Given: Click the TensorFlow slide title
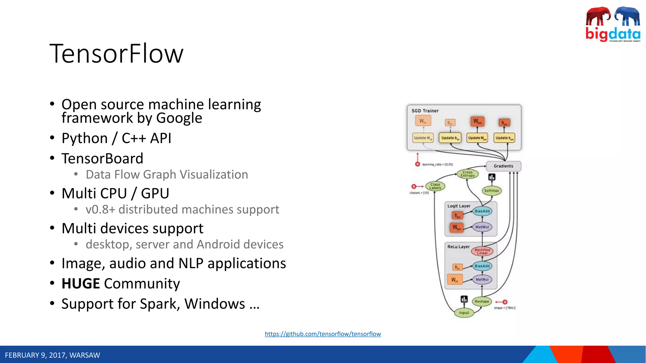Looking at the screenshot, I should point(116,54).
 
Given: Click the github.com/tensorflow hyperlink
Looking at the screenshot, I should point(323,334).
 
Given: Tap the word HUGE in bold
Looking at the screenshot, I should point(81,284).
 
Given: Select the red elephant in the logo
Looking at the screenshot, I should point(597,16).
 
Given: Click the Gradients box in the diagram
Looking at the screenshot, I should point(503,166).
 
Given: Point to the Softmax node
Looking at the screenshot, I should point(491,191).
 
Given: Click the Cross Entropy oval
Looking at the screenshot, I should point(467,174).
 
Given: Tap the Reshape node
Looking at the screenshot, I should point(482,302).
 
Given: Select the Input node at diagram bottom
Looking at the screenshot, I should point(464,313).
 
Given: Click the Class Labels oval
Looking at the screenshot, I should point(435,186).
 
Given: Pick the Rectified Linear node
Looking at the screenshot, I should point(482,251).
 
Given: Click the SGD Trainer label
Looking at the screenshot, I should point(425,111).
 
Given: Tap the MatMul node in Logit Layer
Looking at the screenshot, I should point(482,227).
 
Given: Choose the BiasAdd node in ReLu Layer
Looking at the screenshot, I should point(482,266).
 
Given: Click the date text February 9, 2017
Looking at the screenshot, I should point(52,355).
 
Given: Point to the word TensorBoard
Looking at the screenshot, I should point(102,158).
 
